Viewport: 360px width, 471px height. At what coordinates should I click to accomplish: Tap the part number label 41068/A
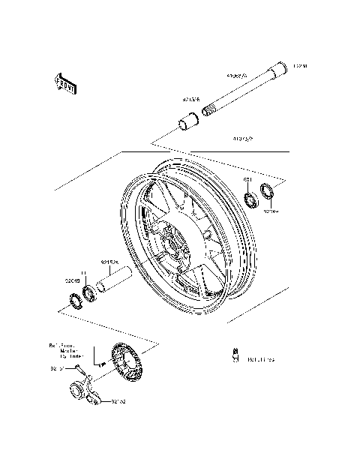point(239,76)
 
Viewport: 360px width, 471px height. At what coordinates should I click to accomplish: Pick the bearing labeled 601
point(250,199)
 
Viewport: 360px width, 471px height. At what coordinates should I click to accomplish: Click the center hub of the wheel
point(175,245)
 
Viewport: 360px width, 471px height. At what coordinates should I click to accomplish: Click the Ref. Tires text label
point(262,360)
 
